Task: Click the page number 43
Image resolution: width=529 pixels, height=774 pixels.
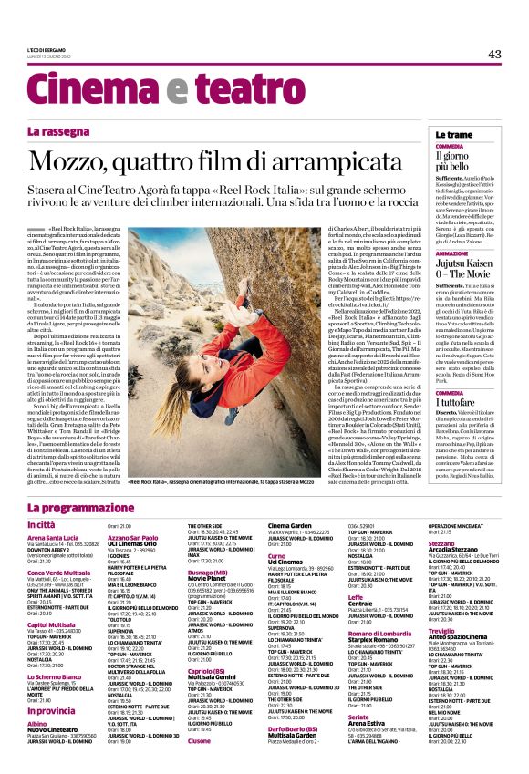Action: (494, 55)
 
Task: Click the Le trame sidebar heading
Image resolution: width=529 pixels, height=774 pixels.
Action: (453, 134)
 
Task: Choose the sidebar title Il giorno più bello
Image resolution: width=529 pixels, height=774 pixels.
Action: (451, 161)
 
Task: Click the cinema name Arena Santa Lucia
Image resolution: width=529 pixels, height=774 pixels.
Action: (58, 538)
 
